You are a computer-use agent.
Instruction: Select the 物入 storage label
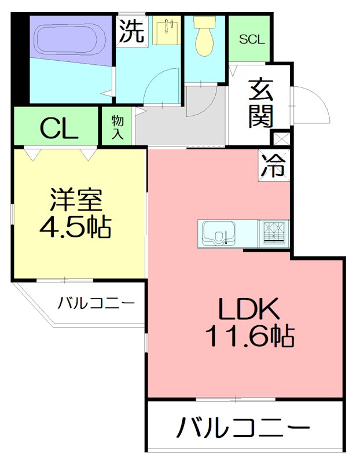pyautogui.click(x=117, y=127)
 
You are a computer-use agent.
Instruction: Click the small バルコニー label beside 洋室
pyautogui.click(x=97, y=302)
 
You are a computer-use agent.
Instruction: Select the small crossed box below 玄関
pyautogui.click(x=281, y=139)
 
